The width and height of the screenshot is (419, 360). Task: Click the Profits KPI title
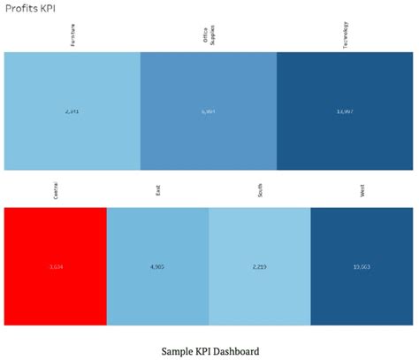[x=29, y=8]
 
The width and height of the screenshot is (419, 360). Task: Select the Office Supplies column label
[x=209, y=36]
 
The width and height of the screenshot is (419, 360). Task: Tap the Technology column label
[x=346, y=36]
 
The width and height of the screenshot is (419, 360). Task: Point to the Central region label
[x=55, y=193]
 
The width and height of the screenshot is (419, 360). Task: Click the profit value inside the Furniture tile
[x=72, y=111]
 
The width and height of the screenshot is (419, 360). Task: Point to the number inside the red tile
[x=55, y=266]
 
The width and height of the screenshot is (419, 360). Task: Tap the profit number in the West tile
[x=362, y=266]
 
